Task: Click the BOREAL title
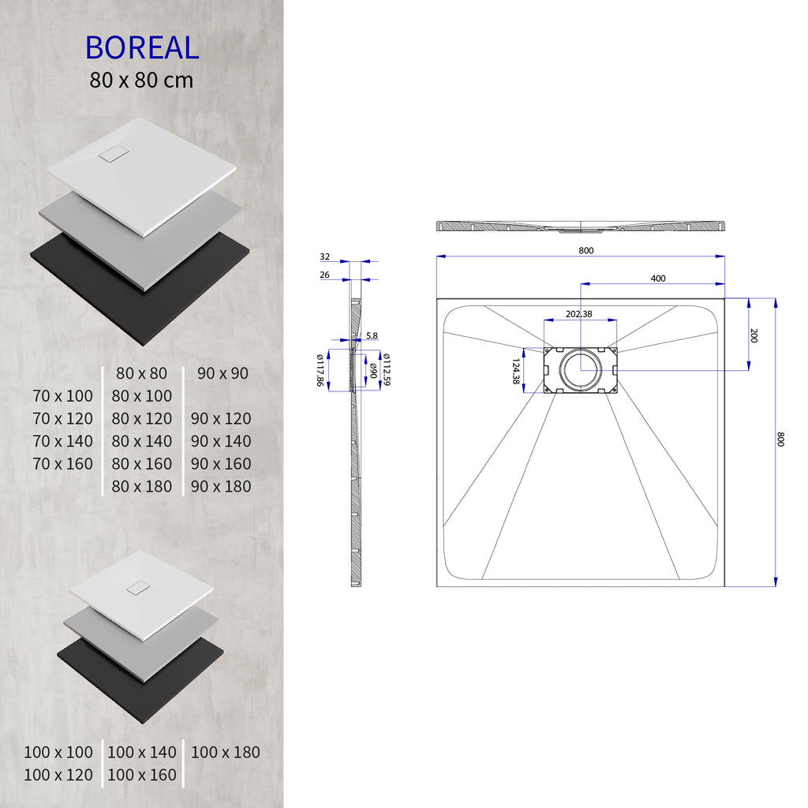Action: [142, 47]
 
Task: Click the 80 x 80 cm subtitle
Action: [142, 80]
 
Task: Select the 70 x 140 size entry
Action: [63, 441]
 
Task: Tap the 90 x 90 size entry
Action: [223, 373]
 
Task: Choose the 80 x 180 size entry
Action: [142, 487]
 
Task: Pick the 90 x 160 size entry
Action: [221, 464]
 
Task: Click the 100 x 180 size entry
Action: [225, 753]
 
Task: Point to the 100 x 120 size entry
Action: [58, 776]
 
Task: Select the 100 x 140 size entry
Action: [142, 753]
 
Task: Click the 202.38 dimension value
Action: [579, 314]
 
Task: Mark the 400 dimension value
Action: [657, 278]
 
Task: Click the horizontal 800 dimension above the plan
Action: [585, 251]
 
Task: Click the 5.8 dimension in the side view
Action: [372, 335]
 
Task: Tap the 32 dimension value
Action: [325, 257]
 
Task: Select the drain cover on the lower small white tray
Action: [139, 588]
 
